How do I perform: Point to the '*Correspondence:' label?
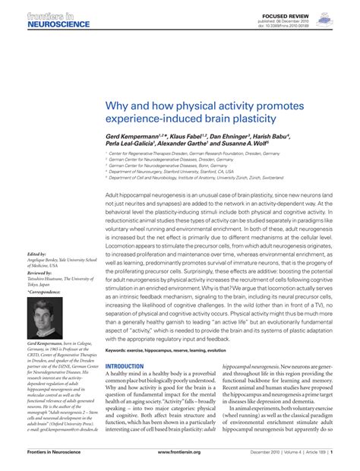[x=43, y=292]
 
